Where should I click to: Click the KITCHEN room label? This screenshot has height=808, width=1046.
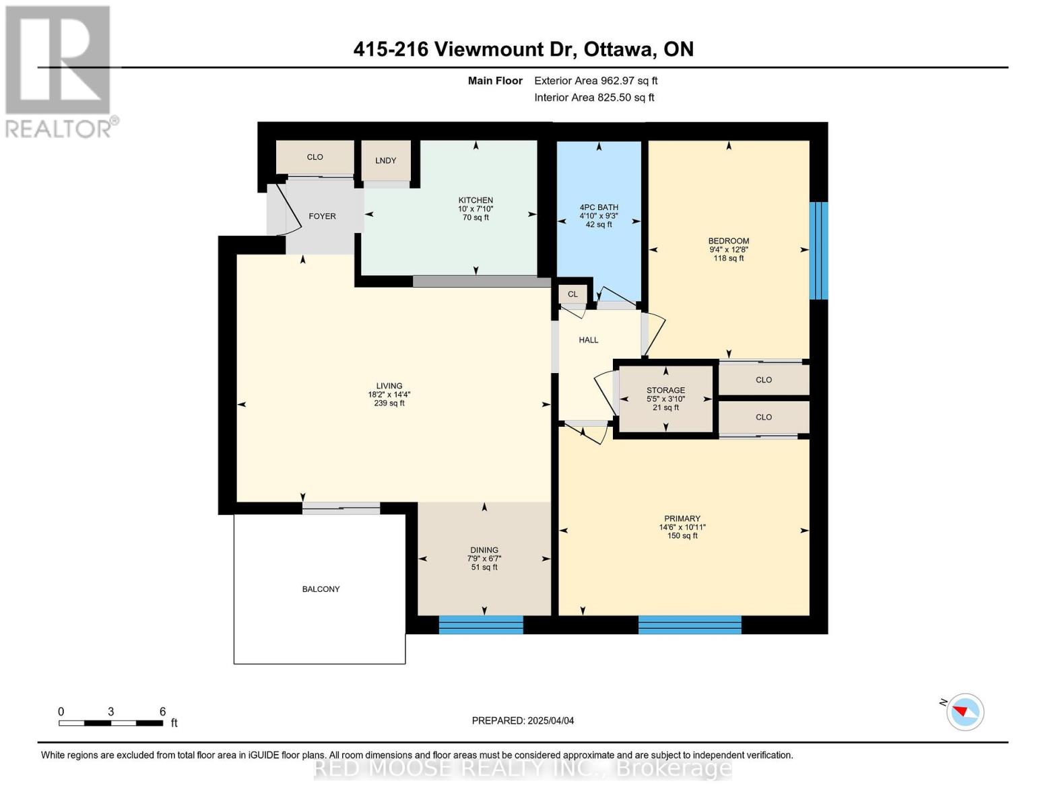[476, 200]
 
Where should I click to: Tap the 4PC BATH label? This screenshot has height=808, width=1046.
[598, 207]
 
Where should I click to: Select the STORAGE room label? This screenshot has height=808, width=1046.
[665, 390]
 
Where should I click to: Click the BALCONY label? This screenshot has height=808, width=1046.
[321, 589]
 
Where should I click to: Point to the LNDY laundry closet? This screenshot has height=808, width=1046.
[386, 160]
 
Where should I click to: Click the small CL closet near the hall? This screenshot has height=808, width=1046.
[573, 294]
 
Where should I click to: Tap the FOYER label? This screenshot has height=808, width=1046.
[322, 216]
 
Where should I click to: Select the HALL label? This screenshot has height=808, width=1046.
[588, 340]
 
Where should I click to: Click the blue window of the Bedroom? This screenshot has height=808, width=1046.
[818, 250]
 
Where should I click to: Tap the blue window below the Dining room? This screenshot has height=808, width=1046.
[481, 625]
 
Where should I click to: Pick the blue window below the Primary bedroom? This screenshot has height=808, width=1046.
[690, 625]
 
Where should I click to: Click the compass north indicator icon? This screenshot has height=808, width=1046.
[965, 712]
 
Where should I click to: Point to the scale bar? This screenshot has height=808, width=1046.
[111, 723]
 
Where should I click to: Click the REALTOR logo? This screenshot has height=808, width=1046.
[59, 71]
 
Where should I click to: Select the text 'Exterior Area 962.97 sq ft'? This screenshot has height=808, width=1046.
[595, 81]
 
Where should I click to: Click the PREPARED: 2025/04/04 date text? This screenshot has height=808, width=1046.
[523, 720]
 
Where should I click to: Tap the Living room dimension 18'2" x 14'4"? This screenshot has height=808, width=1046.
[389, 395]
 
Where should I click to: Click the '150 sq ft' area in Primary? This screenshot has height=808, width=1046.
[682, 536]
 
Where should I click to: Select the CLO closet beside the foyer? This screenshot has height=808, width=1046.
[315, 157]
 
